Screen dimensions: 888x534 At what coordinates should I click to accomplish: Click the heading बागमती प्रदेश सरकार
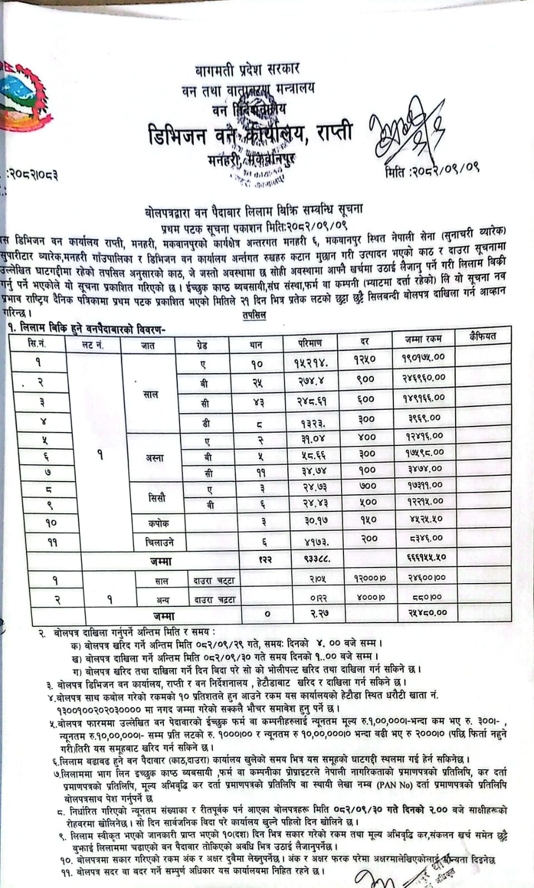[x=247, y=69]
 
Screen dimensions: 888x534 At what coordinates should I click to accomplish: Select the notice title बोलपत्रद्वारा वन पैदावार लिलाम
[x=252, y=211]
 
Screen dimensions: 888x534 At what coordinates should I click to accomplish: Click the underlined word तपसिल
[x=254, y=315]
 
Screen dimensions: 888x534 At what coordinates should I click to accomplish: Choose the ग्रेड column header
[x=202, y=345]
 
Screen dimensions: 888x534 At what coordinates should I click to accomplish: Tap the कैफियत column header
[x=482, y=337]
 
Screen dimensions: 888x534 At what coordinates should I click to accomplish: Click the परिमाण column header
[x=310, y=343]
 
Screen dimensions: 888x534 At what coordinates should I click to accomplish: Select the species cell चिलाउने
[x=156, y=541]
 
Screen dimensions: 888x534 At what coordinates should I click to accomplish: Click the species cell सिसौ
[x=157, y=498]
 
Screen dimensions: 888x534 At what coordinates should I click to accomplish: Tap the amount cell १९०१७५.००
[x=423, y=358]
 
